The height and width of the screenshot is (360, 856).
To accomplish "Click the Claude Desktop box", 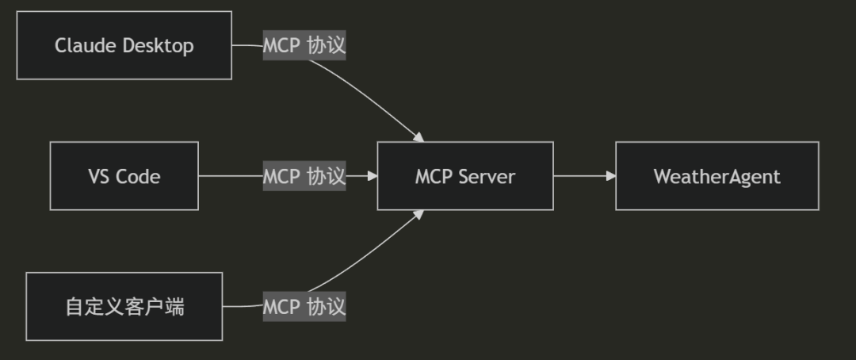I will tap(124, 45).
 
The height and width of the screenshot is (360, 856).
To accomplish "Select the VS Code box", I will tap(124, 176).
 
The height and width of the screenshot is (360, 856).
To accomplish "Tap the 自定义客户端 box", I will tap(124, 306).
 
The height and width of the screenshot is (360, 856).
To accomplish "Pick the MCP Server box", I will tap(465, 176).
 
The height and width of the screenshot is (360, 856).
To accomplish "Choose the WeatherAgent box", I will tap(717, 176).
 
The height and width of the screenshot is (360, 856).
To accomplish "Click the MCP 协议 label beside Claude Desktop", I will tap(304, 45).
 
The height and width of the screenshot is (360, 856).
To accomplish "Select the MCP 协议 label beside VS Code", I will tap(304, 176).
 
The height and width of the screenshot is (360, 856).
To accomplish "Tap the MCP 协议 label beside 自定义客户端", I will tap(304, 306).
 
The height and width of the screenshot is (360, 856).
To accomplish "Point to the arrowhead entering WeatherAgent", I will tap(610, 176).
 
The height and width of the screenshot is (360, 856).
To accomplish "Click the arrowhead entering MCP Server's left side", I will tap(372, 176).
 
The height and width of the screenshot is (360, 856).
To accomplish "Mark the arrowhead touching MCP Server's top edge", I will tap(418, 138).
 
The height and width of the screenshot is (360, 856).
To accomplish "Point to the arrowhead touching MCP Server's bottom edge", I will tap(418, 214).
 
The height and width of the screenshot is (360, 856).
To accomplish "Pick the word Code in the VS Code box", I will tap(138, 176).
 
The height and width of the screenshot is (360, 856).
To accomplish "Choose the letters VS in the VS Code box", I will tap(99, 176).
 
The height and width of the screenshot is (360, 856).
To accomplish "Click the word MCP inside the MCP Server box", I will tap(434, 176).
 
